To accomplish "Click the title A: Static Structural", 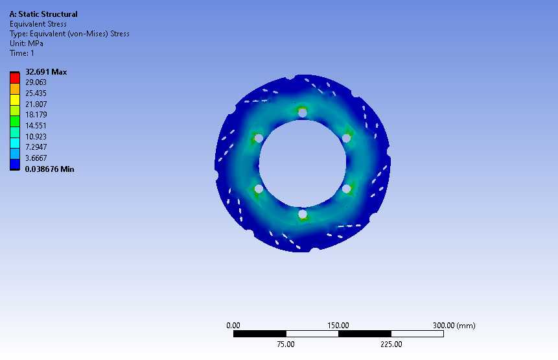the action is [43, 14].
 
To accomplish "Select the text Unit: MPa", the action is [27, 43].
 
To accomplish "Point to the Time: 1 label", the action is [21, 53].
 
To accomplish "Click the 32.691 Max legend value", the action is [46, 72].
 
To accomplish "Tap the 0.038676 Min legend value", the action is [49, 169].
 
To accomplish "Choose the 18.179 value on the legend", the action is [36, 115].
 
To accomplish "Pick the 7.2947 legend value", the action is [36, 147].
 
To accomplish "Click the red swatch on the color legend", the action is [15, 78].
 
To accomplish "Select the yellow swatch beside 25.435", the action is [15, 100].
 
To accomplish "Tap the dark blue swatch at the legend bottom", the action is [15, 164].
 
